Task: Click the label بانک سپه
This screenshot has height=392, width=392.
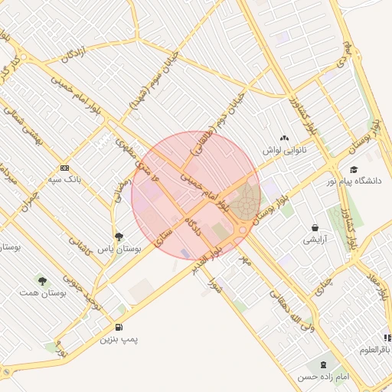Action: click(64, 179)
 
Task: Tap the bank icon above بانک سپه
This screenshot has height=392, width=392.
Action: click(64, 168)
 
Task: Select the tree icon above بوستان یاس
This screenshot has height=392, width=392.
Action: click(118, 237)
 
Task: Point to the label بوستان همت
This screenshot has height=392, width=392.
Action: click(41, 294)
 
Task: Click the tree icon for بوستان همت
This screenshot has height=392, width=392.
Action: click(41, 282)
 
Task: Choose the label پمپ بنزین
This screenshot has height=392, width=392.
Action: click(116, 338)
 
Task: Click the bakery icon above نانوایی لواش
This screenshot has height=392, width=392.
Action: click(285, 139)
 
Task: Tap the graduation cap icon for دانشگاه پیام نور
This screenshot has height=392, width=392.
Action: click(353, 169)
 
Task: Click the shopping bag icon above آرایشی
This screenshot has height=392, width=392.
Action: click(315, 227)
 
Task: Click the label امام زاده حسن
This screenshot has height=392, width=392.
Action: click(324, 377)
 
